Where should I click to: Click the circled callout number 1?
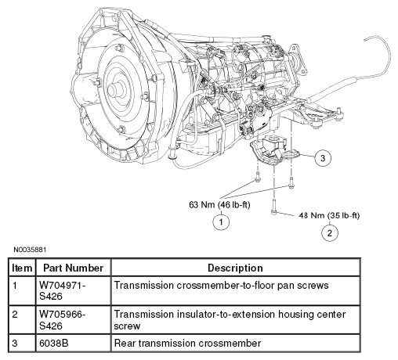pyautogui.click(x=221, y=222)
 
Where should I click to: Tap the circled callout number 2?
pyautogui.click(x=330, y=232)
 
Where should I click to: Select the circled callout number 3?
pyautogui.click(x=323, y=158)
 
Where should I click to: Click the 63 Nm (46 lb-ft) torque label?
pyautogui.click(x=219, y=205)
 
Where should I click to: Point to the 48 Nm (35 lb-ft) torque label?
pyautogui.click(x=329, y=215)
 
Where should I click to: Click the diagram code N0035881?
pyautogui.click(x=30, y=250)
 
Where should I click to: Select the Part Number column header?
pyautogui.click(x=73, y=268)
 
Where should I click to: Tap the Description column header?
pyautogui.click(x=235, y=268)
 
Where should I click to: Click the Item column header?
pyautogui.click(x=22, y=268)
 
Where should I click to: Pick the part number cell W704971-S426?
pyautogui.click(x=62, y=290)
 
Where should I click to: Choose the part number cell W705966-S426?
pyautogui.click(x=62, y=320)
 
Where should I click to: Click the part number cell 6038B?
pyautogui.click(x=53, y=343)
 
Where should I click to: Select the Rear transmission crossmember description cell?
pyautogui.click(x=187, y=343)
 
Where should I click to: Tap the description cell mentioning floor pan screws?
pyautogui.click(x=221, y=285)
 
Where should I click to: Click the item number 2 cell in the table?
pyautogui.click(x=15, y=315)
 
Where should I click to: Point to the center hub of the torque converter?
pyautogui.click(x=115, y=90)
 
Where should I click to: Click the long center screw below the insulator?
pyautogui.click(x=273, y=207)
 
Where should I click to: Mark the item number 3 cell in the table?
pyautogui.click(x=15, y=343)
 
